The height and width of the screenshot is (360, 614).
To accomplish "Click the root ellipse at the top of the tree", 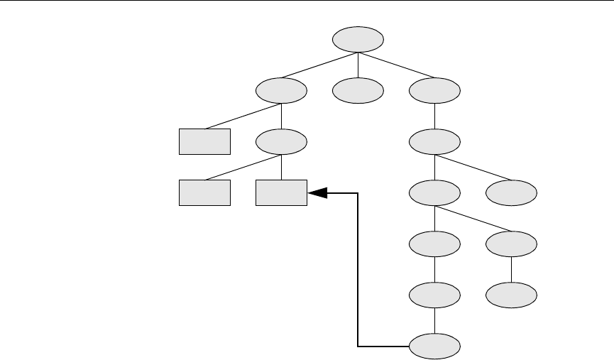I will click(x=358, y=39).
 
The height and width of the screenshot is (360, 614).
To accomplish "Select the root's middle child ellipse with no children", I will click(x=358, y=90).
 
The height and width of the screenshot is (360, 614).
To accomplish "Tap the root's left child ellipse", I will click(x=282, y=90).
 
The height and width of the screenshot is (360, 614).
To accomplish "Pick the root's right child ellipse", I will click(x=435, y=90).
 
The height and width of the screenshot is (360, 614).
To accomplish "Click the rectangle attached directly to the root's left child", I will click(x=204, y=141).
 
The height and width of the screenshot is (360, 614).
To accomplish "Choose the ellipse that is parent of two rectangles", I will click(x=282, y=141).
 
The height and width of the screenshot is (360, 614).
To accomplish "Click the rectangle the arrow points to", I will click(x=282, y=192).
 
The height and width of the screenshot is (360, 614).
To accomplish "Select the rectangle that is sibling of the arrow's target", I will click(x=204, y=192).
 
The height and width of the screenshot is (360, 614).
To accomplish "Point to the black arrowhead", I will click(x=317, y=192).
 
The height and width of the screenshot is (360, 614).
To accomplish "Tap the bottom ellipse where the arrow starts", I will click(x=435, y=346).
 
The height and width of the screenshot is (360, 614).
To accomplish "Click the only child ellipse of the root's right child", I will click(x=435, y=141).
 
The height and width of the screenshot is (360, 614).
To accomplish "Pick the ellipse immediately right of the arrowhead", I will click(x=435, y=192).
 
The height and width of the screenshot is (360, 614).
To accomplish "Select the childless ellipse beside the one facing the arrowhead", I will click(x=512, y=192).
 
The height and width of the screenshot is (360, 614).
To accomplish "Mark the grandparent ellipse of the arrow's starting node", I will click(x=435, y=244).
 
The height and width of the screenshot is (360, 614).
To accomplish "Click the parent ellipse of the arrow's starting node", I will click(x=435, y=295).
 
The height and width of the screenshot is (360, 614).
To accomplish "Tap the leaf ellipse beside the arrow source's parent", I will click(x=512, y=295).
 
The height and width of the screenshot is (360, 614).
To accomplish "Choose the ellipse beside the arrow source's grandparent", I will click(x=512, y=244).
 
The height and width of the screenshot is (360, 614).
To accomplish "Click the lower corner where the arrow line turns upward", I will click(x=358, y=346).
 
